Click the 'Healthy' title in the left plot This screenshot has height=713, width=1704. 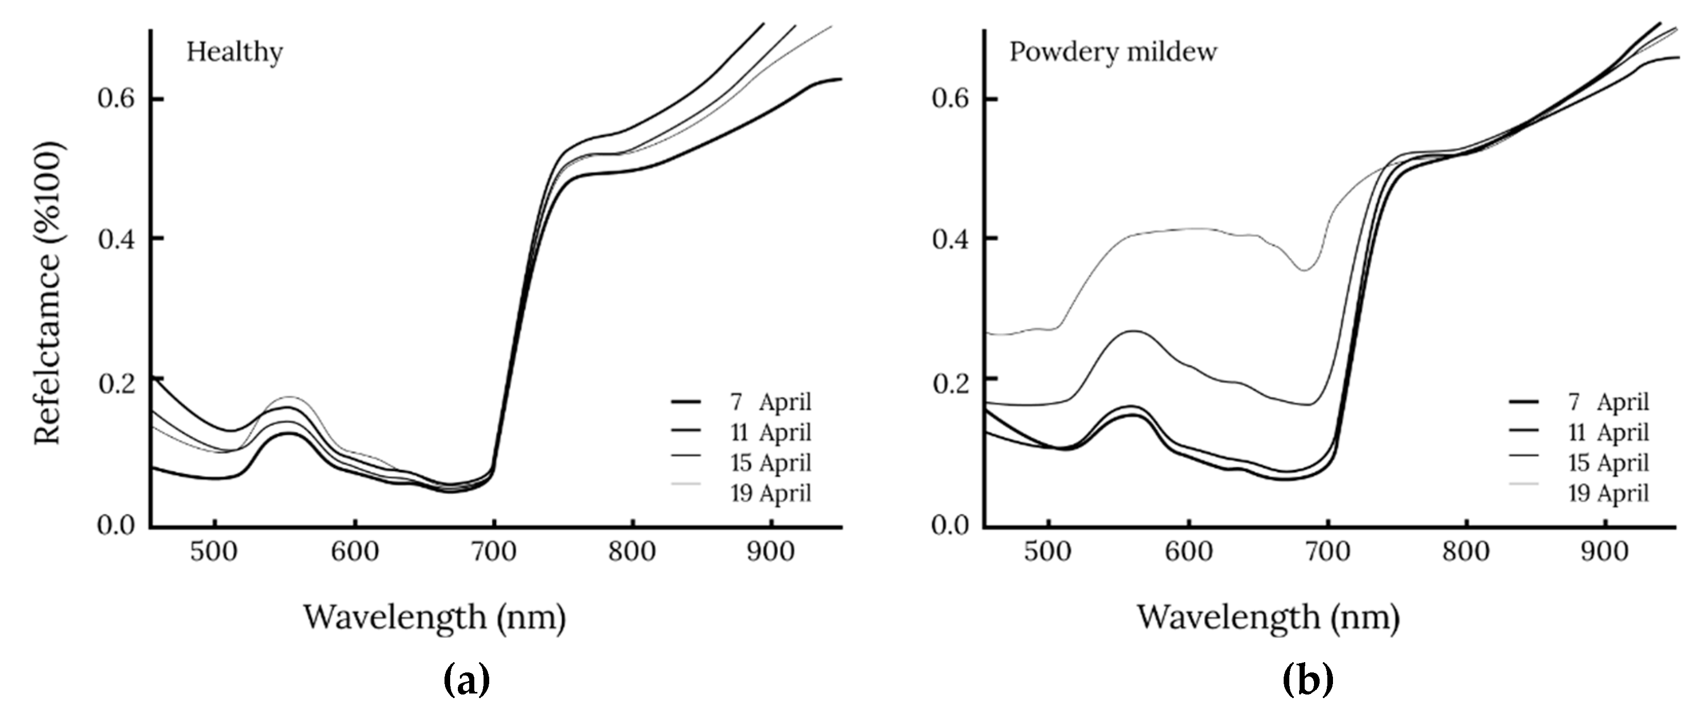(x=234, y=51)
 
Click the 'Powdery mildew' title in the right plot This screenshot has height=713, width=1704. (x=1113, y=51)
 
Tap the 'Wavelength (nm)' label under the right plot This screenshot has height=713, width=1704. (x=1268, y=617)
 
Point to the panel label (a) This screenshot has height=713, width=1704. (x=467, y=681)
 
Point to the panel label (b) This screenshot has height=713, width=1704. (x=1307, y=681)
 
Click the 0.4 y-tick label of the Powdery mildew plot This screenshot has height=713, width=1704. (x=950, y=239)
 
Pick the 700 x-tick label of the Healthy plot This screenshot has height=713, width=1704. (x=493, y=552)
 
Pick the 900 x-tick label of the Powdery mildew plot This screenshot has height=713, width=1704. (x=1605, y=552)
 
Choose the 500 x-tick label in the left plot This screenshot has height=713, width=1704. (x=214, y=552)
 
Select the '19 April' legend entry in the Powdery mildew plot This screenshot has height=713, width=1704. (x=1608, y=493)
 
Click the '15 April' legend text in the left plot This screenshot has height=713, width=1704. (x=771, y=462)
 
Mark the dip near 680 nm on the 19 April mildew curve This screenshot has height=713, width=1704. (x=1304, y=270)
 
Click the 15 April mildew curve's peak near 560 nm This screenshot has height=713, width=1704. (x=1133, y=331)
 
